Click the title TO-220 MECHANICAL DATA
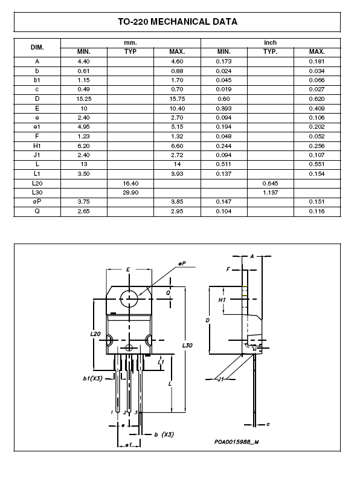coord(178,22)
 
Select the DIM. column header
coord(37,47)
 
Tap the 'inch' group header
coord(271,42)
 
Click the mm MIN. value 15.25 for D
coord(84,99)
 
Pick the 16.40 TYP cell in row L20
coord(130,183)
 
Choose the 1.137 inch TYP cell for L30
coord(271,192)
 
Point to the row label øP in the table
coord(37,201)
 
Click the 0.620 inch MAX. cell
coord(317,99)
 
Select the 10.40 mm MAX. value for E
coord(177,108)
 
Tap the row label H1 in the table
coord(37,146)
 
